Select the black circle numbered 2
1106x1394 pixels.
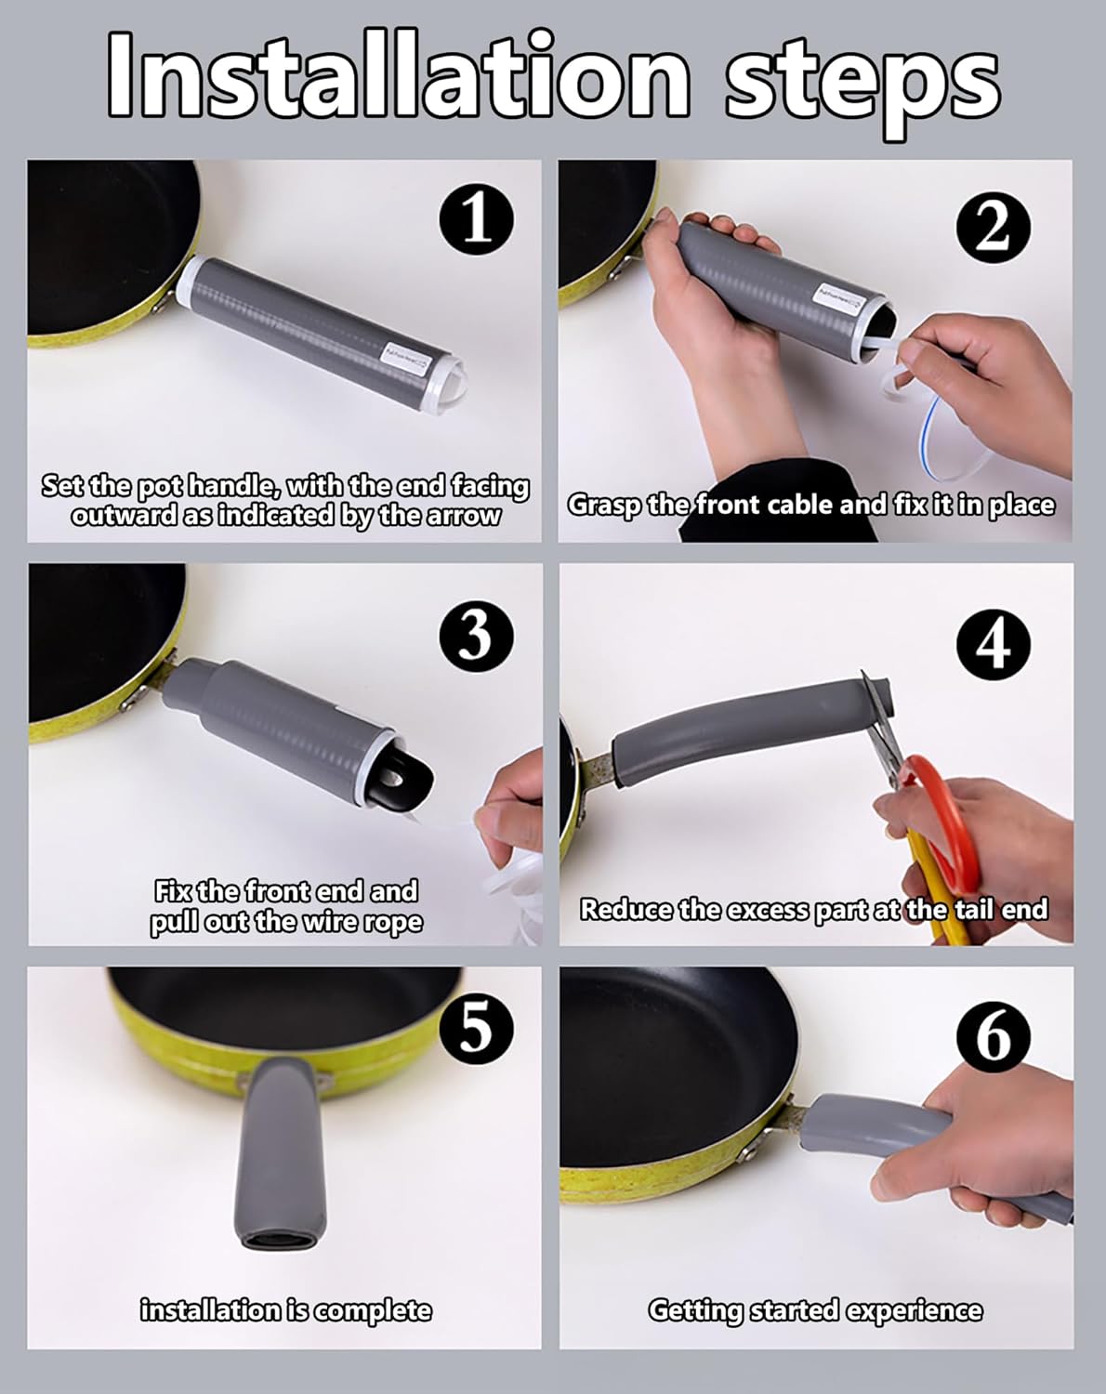pos(993,227)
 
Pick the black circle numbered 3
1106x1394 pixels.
pos(476,636)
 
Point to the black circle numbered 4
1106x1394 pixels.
pos(993,642)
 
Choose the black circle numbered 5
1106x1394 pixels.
pos(476,1029)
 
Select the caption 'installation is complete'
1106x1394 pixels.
pos(285,1310)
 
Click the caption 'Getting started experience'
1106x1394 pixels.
pos(814,1310)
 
